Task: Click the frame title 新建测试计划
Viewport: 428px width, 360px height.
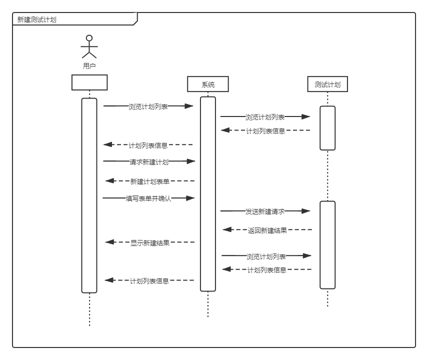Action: (37, 20)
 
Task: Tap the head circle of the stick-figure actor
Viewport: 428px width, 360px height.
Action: (89, 38)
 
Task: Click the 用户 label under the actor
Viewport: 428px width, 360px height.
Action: (89, 66)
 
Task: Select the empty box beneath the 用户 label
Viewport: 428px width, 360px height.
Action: (89, 82)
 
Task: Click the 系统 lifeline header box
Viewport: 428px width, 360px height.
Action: (208, 84)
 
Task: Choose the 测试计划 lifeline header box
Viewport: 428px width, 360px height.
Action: (327, 84)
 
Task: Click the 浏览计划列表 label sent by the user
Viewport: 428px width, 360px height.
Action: (148, 106)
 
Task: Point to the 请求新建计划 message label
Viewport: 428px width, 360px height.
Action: (149, 161)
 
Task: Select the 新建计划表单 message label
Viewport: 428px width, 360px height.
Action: (149, 181)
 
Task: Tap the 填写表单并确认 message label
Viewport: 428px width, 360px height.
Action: (148, 198)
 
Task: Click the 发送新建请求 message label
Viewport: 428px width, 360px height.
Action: (265, 211)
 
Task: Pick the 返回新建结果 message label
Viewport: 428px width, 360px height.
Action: (267, 230)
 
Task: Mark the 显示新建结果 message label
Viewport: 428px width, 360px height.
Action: (150, 243)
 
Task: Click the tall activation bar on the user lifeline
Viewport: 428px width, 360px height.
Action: (89, 195)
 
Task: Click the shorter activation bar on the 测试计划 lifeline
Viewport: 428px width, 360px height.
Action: (327, 128)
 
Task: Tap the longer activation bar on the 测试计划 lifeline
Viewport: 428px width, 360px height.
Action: (327, 245)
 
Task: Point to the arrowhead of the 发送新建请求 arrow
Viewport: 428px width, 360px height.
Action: (306, 211)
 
